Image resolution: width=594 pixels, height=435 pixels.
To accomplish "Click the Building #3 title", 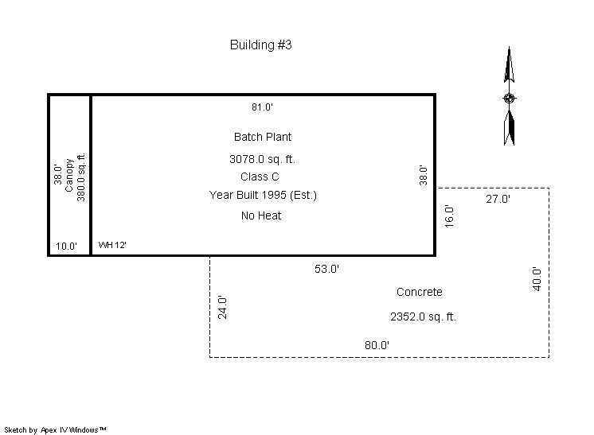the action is pos(260,45).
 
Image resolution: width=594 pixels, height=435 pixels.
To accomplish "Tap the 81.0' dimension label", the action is pos(262,107).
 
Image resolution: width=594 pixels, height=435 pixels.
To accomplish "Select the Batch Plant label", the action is pos(263,137).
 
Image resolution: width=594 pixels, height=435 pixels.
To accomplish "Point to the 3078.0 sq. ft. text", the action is pos(262,159).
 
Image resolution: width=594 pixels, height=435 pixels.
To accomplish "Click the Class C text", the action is pos(260,177).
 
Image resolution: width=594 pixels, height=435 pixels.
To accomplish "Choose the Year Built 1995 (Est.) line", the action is pos(263,195).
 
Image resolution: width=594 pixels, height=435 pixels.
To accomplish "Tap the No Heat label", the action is pos(261,216).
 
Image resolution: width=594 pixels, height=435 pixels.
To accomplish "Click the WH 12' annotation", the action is pos(112,245).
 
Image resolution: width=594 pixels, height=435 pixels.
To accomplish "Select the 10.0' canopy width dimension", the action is pos(66,247).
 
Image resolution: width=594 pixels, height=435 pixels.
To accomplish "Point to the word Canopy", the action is pos(69,175).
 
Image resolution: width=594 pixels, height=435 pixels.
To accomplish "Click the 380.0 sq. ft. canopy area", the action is pos(81,177).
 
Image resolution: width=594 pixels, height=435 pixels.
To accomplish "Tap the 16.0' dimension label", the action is pos(449,216).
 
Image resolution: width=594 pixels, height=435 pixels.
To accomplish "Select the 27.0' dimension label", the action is pos(498,199).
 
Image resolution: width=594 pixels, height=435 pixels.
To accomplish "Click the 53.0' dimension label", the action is pos(326,269).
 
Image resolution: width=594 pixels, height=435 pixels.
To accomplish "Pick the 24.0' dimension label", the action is pos(222,308).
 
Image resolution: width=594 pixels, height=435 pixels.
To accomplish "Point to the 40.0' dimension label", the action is pos(537,279).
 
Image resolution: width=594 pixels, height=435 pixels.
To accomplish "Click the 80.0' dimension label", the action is pos(377,345).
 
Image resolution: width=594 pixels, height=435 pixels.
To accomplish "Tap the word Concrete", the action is pos(420,292).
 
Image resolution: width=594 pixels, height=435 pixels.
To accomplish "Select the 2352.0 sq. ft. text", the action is pos(423,317).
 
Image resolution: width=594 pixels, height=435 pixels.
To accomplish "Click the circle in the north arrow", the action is pos(509,99).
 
